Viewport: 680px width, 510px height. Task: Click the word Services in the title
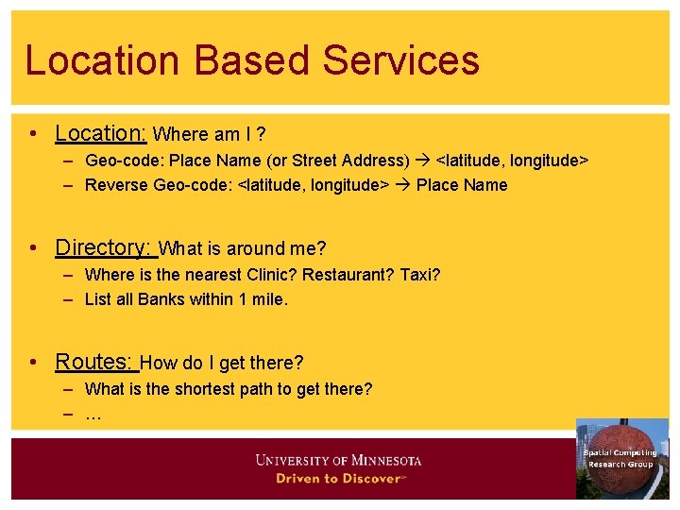click(x=401, y=60)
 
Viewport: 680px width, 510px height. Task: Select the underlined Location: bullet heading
click(x=100, y=133)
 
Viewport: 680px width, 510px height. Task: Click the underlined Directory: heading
click(x=104, y=247)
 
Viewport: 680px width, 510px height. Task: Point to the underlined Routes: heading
click(x=96, y=361)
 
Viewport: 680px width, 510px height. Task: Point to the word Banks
click(x=161, y=299)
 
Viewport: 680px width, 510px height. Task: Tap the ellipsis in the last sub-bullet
click(x=93, y=416)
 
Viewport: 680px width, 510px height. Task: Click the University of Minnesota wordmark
click(x=338, y=461)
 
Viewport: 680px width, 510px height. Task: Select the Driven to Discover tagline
click(x=339, y=479)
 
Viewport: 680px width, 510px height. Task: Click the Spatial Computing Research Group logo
click(x=621, y=459)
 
